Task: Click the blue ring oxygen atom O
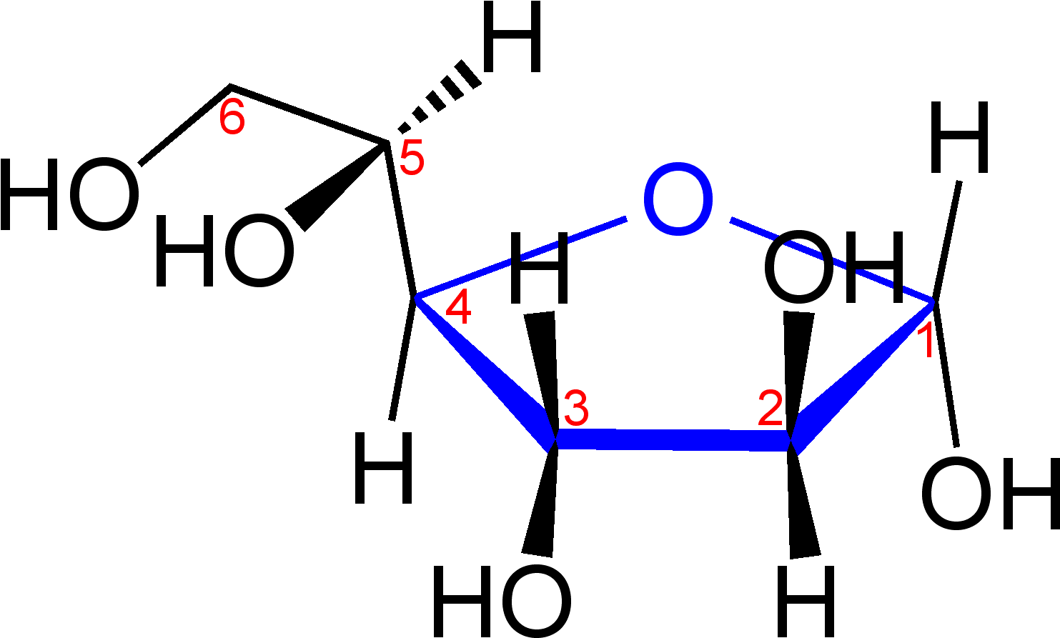[x=678, y=199]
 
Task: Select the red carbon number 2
[x=771, y=408]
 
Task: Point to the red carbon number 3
[x=576, y=408]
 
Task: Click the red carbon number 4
[x=458, y=308]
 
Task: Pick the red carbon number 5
[x=412, y=159]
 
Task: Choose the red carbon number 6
[x=232, y=116]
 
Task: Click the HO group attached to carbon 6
[x=70, y=194]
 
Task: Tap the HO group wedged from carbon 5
[x=224, y=250]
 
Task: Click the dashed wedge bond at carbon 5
[x=439, y=96]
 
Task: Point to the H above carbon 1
[x=959, y=136]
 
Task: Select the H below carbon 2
[x=806, y=602]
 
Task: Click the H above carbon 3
[x=539, y=267]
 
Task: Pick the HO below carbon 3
[x=502, y=601]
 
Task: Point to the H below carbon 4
[x=384, y=467]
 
